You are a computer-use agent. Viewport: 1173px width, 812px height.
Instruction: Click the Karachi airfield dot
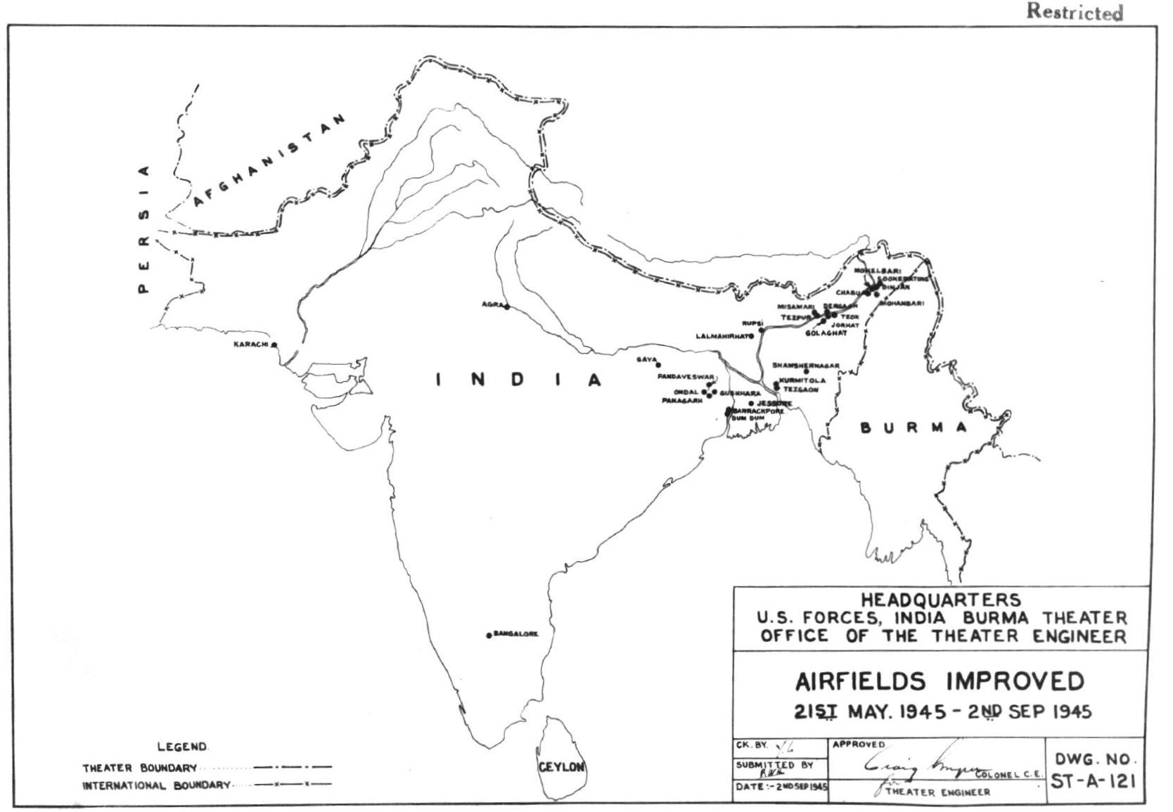click(274, 345)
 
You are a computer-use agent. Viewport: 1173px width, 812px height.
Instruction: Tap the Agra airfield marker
click(507, 307)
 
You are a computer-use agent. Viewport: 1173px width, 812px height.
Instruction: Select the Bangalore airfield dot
click(489, 636)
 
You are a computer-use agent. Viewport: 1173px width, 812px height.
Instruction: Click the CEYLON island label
click(561, 767)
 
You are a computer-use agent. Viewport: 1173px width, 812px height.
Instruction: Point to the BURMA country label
click(914, 427)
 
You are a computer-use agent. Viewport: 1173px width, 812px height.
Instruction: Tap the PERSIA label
click(143, 229)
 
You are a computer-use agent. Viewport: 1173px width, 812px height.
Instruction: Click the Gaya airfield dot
click(658, 365)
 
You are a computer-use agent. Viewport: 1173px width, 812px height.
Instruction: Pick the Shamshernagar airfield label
click(805, 366)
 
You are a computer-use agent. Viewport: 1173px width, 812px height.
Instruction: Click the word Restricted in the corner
click(1075, 12)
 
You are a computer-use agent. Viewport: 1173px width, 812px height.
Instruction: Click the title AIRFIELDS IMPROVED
click(940, 681)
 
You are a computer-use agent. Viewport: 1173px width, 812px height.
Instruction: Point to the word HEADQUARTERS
click(941, 600)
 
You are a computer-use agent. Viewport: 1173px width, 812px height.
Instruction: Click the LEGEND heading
click(182, 747)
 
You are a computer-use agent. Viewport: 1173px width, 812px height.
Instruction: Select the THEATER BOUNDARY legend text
click(140, 768)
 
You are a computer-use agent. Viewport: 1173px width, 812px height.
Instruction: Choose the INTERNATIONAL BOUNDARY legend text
click(156, 785)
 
